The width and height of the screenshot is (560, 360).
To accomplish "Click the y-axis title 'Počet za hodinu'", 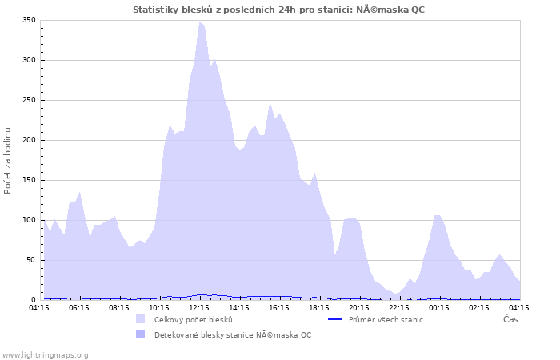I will (8, 160).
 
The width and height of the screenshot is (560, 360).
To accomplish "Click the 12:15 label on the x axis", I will (199, 307).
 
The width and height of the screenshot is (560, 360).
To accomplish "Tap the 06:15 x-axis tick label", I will (79, 307).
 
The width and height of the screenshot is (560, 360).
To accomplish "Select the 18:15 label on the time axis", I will (319, 307).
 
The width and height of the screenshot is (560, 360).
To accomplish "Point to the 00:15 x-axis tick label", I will (439, 307).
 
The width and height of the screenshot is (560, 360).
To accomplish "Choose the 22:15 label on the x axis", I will (399, 307).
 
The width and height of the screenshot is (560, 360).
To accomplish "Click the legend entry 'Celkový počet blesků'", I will (194, 319).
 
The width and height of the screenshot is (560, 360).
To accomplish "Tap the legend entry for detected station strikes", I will (233, 334).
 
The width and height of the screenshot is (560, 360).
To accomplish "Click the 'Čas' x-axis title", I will (510, 319).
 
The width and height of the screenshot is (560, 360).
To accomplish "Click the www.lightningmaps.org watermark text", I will (45, 354).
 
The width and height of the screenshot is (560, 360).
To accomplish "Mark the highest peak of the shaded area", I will (200, 22).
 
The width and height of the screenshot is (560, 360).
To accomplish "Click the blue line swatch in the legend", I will (335, 319).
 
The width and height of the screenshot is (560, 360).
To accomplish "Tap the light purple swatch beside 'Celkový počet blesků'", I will (141, 319).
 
